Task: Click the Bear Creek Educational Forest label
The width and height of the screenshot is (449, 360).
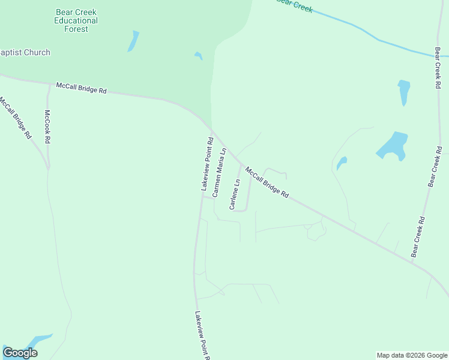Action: [76, 20]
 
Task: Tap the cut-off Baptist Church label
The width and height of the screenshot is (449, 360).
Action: [25, 53]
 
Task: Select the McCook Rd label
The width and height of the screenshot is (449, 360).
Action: [47, 127]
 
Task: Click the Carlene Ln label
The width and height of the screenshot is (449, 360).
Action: [235, 194]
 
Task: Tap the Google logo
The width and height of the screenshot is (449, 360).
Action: [20, 353]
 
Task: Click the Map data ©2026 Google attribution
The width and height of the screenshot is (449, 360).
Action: [411, 355]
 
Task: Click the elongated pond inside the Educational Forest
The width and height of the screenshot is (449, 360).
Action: [133, 41]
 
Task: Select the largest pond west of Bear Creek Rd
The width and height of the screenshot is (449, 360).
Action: [393, 146]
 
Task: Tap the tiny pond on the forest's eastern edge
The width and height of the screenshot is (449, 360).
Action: [199, 56]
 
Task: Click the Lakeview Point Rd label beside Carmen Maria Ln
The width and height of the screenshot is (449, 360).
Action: [206, 164]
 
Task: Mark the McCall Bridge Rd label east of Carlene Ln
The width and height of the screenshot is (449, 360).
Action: [267, 182]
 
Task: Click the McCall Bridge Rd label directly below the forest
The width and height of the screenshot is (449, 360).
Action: [81, 88]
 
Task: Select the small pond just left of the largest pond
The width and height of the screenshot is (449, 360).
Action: [341, 163]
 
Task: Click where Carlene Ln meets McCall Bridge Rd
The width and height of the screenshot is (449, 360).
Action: [241, 164]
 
